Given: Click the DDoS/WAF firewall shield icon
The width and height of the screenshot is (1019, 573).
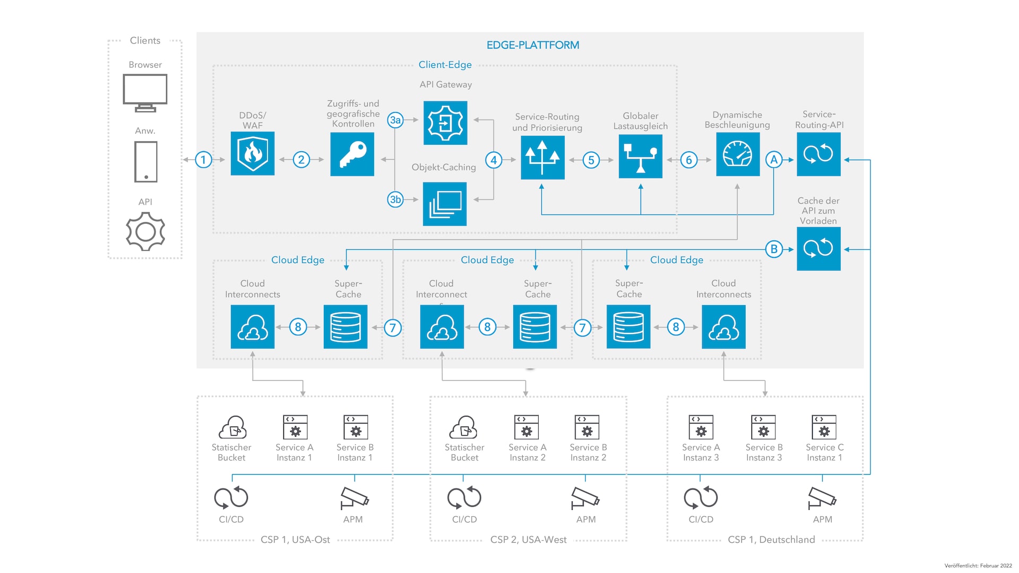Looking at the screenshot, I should [253, 153].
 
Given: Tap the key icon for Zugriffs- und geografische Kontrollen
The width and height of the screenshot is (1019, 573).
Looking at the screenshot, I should [352, 154].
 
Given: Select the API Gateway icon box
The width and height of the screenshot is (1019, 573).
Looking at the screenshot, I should [445, 123].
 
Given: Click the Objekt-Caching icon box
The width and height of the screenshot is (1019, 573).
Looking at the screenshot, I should [445, 204].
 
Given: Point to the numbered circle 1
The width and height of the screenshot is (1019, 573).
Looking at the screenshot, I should [203, 160].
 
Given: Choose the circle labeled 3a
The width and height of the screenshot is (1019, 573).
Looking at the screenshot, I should [395, 120].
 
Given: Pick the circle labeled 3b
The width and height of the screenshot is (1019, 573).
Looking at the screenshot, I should [395, 199].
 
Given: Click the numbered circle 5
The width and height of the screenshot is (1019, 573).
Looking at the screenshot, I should [591, 160].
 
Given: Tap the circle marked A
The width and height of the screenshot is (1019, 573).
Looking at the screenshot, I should [774, 160].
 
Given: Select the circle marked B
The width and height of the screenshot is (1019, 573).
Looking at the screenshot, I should [774, 249].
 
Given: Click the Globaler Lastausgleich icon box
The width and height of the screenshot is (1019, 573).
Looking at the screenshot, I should [641, 156].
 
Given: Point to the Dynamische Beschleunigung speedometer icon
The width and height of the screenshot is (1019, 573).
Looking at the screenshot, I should [738, 154].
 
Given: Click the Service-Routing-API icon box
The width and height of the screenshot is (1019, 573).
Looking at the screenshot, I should [818, 154].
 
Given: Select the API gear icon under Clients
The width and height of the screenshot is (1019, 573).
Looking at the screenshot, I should [145, 231].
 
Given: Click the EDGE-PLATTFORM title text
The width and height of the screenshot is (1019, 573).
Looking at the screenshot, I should [533, 45].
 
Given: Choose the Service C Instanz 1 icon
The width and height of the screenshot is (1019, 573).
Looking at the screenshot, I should [824, 427].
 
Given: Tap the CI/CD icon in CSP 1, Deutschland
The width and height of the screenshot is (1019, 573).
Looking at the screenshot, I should [701, 498].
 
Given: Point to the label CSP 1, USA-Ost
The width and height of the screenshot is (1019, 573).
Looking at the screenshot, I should [295, 540].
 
